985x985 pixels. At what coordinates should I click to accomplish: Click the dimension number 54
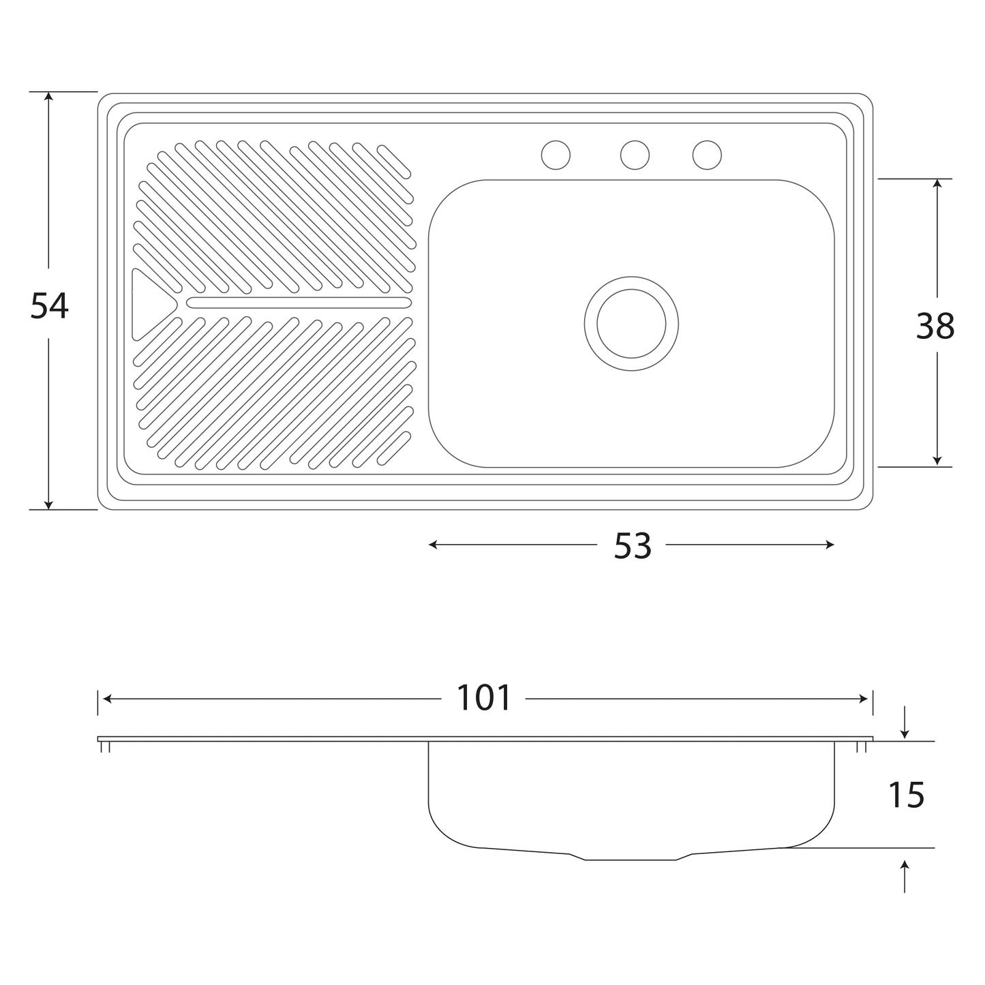pyautogui.click(x=50, y=305)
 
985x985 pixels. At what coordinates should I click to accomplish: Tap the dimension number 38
pyautogui.click(x=935, y=326)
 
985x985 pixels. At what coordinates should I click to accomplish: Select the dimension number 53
pyautogui.click(x=633, y=546)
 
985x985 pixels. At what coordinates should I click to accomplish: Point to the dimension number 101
pyautogui.click(x=483, y=698)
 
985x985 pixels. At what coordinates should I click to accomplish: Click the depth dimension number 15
pyautogui.click(x=907, y=795)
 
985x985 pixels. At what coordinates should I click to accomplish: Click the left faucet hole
pyautogui.click(x=556, y=155)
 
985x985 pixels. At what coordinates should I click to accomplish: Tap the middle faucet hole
pyautogui.click(x=635, y=155)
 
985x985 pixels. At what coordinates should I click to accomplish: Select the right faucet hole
pyautogui.click(x=707, y=155)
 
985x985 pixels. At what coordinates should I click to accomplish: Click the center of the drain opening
pyautogui.click(x=631, y=324)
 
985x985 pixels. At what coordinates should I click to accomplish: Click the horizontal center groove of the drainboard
pyautogui.click(x=299, y=303)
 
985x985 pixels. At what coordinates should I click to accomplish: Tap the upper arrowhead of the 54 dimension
pyautogui.click(x=48, y=96)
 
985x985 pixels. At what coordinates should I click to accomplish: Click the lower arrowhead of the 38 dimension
pyautogui.click(x=937, y=461)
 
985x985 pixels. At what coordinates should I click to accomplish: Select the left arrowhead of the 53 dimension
pyautogui.click(x=433, y=545)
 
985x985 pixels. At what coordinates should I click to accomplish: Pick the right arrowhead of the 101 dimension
pyautogui.click(x=864, y=699)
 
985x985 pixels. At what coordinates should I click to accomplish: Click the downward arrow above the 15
pyautogui.click(x=905, y=723)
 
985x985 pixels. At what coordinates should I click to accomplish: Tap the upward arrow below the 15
pyautogui.click(x=905, y=877)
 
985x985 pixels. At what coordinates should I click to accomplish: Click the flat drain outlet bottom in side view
pyautogui.click(x=631, y=860)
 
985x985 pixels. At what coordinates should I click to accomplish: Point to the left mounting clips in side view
pyautogui.click(x=106, y=747)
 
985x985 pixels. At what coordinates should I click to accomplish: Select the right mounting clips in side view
pyautogui.click(x=862, y=747)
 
